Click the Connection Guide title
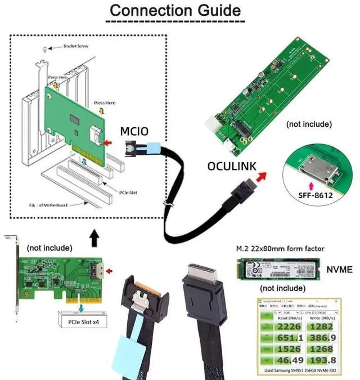click(x=175, y=10)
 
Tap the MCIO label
click(x=135, y=132)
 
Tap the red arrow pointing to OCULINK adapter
click(x=260, y=176)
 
